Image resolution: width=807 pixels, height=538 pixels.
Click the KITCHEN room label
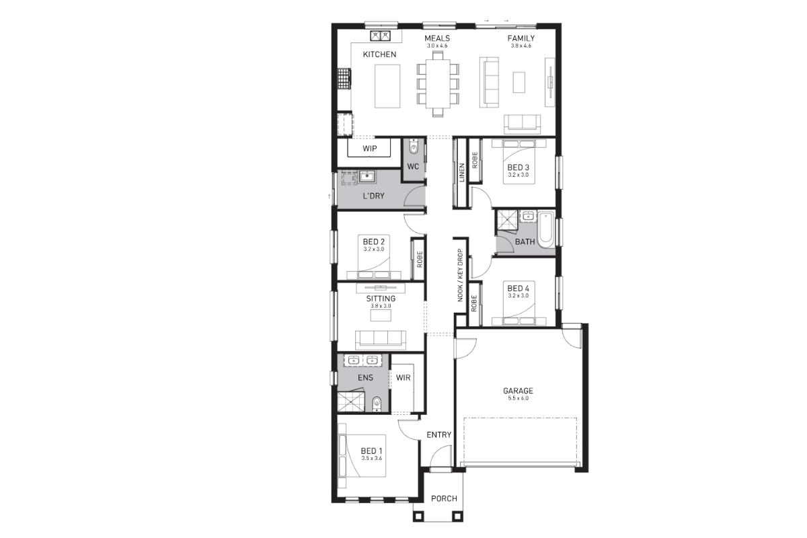pos(379,54)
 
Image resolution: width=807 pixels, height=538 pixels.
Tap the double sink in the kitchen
pos(381,36)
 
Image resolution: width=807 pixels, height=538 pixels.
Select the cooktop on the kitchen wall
pos(344,79)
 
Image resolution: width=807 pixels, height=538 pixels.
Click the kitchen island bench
pos(387,86)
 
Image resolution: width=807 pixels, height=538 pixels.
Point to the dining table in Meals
pos(438,83)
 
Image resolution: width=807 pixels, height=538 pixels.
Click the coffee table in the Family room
pos(518,82)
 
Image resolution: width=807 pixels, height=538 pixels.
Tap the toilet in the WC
pos(414,147)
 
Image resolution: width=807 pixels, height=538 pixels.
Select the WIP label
pos(370,149)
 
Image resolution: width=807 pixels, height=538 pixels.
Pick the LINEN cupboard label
pos(462,173)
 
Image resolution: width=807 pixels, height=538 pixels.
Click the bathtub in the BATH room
pos(545,229)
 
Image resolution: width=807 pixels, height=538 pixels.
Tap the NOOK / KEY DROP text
pos(460,275)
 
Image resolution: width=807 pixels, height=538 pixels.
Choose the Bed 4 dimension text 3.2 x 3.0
pos(518,296)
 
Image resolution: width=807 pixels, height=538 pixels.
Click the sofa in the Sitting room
pos(381,340)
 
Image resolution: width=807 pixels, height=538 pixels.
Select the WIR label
pos(403,378)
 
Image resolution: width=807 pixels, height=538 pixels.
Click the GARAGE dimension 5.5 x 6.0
pos(518,398)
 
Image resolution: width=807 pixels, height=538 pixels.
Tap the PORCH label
pos(445,498)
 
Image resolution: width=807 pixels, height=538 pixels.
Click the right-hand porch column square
pos(457,516)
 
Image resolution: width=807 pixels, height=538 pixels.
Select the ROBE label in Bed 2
pos(420,259)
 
